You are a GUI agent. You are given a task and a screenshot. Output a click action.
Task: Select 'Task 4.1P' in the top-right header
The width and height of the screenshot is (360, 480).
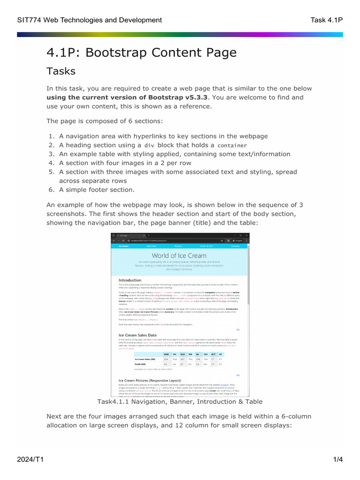[327, 20]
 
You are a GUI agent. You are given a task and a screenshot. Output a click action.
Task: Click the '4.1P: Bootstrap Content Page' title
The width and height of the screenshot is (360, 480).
[141, 52]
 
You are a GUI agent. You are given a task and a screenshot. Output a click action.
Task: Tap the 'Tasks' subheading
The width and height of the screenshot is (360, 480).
[60, 71]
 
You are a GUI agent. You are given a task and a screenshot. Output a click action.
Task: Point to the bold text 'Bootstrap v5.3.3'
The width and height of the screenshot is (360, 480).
[179, 97]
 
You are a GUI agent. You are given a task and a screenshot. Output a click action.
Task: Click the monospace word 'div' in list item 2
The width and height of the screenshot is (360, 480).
[149, 145]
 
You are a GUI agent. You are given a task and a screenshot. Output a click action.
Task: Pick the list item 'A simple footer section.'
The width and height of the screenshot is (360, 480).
[97, 190]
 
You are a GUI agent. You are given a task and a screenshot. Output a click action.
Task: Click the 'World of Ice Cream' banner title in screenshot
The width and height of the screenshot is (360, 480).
[179, 255]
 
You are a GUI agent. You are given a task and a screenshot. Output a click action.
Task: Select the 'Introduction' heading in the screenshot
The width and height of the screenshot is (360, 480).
[129, 280]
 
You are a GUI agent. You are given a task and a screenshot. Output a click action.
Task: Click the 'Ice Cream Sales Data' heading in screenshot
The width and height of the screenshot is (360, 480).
[137, 335]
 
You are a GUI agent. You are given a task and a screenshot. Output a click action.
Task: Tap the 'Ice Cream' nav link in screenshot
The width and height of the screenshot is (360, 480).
[124, 246]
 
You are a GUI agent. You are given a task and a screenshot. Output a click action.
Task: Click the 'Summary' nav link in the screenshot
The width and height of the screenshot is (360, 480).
[235, 246]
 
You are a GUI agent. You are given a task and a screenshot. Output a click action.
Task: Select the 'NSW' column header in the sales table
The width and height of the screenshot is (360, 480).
[166, 354]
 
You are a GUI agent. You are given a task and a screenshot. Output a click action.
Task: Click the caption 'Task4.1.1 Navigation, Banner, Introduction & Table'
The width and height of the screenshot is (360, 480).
[180, 402]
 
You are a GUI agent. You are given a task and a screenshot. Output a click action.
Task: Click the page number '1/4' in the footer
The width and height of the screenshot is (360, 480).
[338, 460]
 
